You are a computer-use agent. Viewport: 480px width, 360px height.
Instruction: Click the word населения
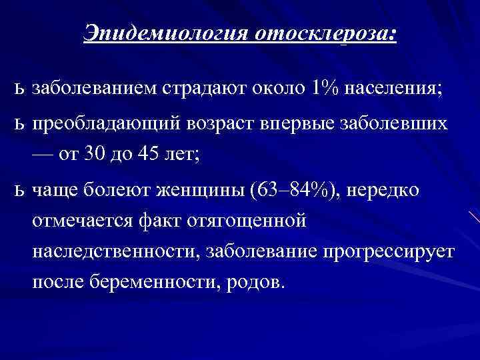pos(394,88)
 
